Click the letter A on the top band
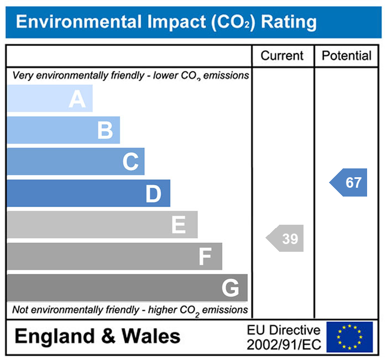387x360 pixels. coord(77,99)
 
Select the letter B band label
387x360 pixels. coord(105,131)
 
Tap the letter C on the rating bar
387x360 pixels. coord(130,162)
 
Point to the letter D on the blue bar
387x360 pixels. coord(153,194)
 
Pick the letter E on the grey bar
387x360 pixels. coord(178,225)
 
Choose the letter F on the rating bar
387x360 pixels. coord(205,257)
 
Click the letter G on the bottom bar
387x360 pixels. coord(230,288)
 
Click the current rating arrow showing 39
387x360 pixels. coord(286,239)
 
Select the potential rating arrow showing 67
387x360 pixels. coord(349,183)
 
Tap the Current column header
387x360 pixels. coord(282,56)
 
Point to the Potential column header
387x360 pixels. coord(347,56)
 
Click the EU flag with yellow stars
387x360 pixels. coord(349,336)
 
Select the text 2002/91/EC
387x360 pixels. coord(284,344)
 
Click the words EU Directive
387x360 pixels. coord(284,330)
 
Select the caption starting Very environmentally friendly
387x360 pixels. coord(130,75)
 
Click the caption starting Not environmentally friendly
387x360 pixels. coord(130,310)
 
